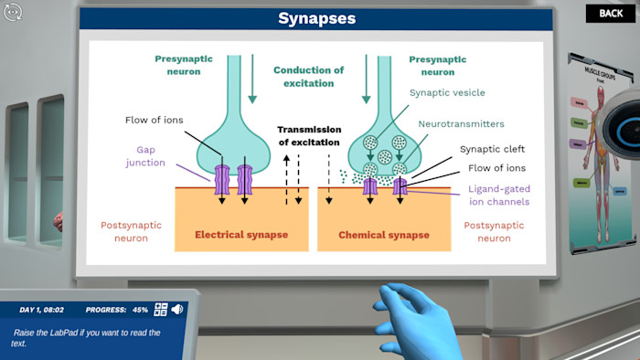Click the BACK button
point(611,14)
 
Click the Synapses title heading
point(316,18)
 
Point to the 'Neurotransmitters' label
point(461,123)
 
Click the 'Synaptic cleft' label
point(492,149)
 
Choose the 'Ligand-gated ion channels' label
point(498,195)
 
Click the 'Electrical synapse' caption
point(241,235)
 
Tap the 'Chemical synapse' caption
point(384,235)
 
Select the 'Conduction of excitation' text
point(309,77)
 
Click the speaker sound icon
point(176,310)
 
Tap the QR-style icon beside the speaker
point(161,310)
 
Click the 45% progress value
point(140,310)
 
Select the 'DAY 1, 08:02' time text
point(42,310)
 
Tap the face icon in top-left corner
point(13,12)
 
